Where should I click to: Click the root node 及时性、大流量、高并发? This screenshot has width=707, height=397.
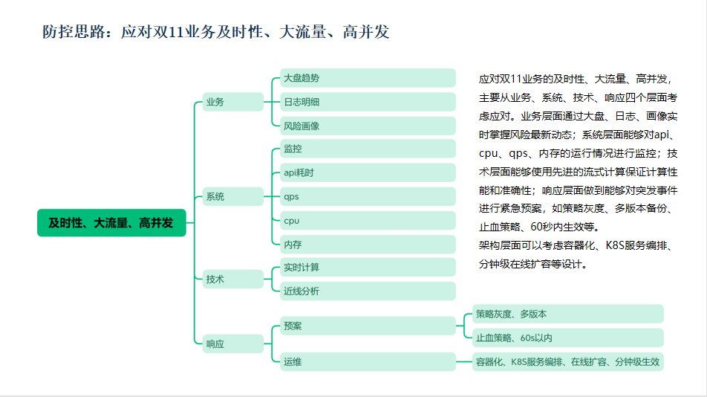(x=111, y=223)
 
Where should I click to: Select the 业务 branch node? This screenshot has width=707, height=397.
(x=232, y=102)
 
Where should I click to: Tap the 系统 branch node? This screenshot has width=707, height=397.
(x=232, y=197)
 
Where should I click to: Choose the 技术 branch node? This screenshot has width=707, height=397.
(x=232, y=280)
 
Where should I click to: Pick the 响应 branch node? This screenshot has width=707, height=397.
(x=232, y=343)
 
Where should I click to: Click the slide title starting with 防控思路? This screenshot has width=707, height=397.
(x=216, y=32)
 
